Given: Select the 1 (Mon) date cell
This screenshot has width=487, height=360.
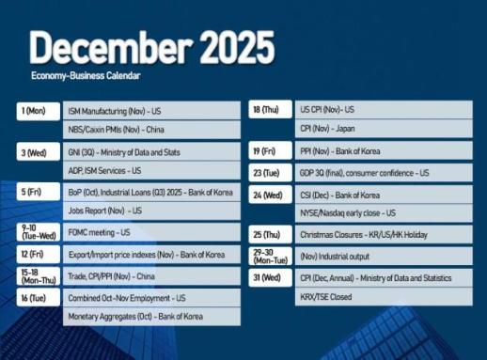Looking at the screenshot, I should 34,110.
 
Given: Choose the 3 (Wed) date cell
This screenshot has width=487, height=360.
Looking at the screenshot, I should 34,150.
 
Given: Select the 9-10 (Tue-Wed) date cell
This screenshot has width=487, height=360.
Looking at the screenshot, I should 34,231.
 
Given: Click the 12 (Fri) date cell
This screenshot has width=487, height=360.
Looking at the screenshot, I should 34,254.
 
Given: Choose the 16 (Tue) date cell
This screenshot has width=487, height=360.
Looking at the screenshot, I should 34,297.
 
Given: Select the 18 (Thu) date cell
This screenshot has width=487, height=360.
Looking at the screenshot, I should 267,110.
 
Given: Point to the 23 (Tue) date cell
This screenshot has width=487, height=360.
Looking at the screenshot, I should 267,173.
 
